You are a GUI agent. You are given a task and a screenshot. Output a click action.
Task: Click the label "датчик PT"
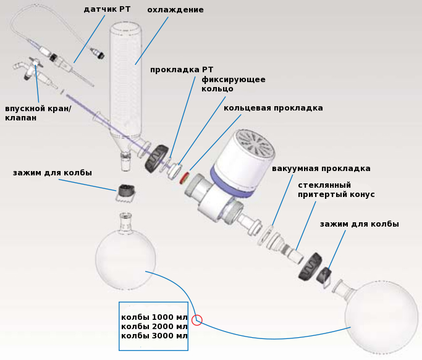pos(107,9)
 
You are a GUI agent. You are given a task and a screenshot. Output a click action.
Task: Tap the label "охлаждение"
pos(175,10)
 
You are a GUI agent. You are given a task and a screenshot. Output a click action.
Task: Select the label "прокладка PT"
pos(182,70)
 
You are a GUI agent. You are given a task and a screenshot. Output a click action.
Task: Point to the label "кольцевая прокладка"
pos(273,108)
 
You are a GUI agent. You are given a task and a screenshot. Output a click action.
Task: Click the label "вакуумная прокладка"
pos(321,169)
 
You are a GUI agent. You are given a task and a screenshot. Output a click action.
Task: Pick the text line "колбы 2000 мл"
pos(154,327)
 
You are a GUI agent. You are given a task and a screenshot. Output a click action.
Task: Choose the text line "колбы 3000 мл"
pos(154,336)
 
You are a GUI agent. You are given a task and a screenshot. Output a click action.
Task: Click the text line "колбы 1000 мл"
pos(154,317)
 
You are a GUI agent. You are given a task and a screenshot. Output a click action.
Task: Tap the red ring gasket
pos(184,178)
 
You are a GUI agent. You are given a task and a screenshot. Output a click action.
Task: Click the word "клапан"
pos(21,118)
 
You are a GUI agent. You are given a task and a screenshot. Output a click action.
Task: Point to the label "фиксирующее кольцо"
pos(234,84)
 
